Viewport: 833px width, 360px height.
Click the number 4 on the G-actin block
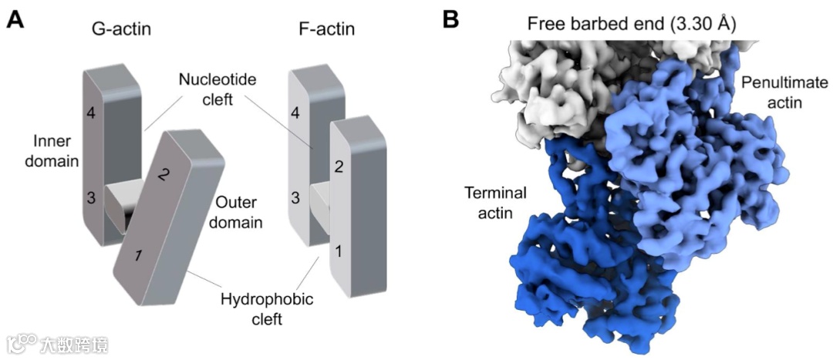click(90, 114)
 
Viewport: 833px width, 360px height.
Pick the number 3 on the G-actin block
click(90, 198)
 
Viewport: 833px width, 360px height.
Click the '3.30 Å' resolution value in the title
click(703, 24)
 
